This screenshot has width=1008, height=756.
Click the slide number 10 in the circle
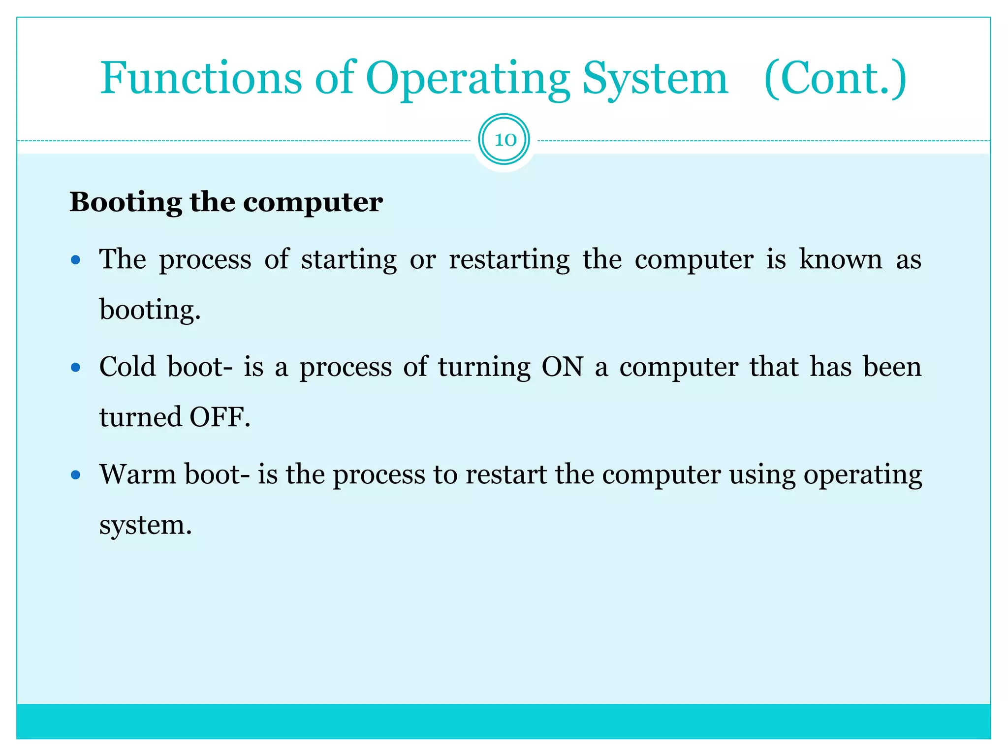504,140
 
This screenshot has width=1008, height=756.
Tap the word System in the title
655,79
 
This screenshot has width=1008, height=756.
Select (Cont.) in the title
835,79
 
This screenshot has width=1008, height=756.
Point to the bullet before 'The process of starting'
75,260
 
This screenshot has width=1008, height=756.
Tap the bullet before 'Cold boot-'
75,367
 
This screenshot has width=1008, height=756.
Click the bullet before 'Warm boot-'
75,475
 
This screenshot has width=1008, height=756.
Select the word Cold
127,367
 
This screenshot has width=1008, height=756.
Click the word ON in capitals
562,367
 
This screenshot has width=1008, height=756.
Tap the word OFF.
220,417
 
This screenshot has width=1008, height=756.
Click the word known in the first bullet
840,259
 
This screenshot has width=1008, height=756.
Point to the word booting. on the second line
150,311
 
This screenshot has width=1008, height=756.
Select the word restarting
509,260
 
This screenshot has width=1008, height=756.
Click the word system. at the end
145,525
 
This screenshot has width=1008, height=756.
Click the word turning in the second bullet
484,368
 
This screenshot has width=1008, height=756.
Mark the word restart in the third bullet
506,475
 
